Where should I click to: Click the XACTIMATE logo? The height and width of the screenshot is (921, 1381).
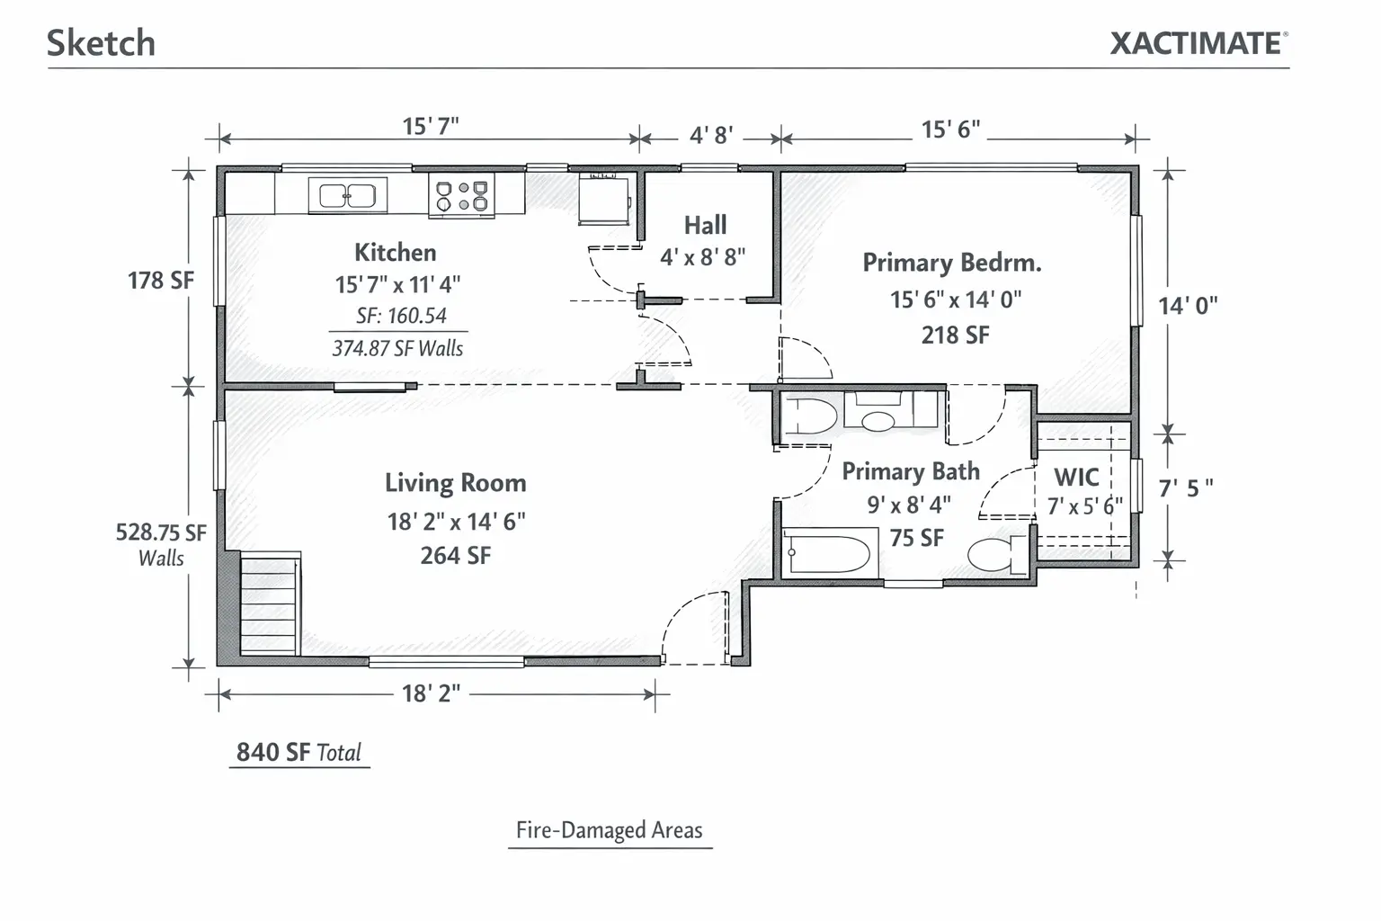coord(1199,43)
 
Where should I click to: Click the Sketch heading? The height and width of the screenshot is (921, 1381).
coord(101,42)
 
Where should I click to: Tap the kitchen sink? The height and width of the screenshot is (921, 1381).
coord(347,195)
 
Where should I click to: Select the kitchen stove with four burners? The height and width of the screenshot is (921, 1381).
coord(462,195)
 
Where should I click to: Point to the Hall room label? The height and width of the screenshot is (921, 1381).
coord(705,225)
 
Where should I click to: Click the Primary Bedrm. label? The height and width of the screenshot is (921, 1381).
coord(952,263)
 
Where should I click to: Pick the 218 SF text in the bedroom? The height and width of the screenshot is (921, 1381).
coord(955,335)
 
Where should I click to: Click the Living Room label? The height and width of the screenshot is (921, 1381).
coord(456,482)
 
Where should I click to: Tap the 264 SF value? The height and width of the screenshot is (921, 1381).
coord(456,555)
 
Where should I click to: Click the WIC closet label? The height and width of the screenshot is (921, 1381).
coord(1076,477)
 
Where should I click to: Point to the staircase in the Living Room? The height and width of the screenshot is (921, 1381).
coord(270,604)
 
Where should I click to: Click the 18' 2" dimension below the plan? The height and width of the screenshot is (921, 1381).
coord(431,693)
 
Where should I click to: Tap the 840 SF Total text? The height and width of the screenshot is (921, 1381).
coord(299,752)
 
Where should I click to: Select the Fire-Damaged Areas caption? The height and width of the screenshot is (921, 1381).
coord(609,829)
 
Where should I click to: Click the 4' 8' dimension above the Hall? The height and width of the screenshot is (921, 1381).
coord(711,135)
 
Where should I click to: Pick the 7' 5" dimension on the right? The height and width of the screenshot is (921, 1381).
coord(1186,488)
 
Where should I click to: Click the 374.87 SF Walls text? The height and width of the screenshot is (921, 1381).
coord(397,348)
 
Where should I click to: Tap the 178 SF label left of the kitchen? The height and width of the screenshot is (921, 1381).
coord(160,280)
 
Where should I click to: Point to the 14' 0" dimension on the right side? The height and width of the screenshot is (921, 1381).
coord(1188,306)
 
